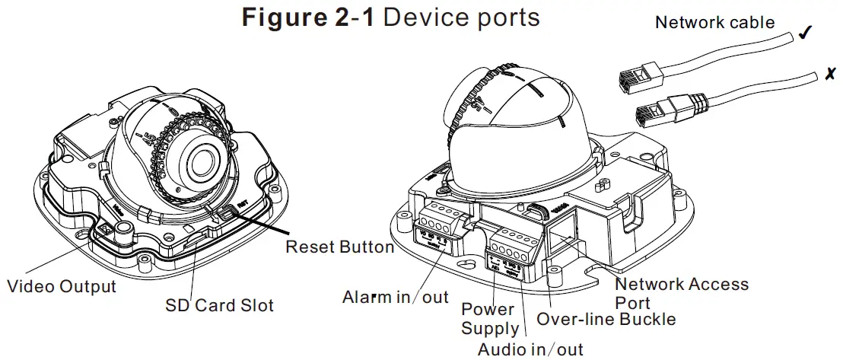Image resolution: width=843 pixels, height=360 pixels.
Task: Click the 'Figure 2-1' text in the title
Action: pos(308,18)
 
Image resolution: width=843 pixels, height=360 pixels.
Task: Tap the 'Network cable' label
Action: pos(714,23)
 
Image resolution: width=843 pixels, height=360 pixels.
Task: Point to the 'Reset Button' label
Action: pos(339,247)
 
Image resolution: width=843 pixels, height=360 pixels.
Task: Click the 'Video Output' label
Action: pos(61,287)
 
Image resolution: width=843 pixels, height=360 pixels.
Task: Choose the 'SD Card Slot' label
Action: pos(219,306)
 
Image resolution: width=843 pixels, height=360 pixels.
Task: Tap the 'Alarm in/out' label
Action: pos(396,296)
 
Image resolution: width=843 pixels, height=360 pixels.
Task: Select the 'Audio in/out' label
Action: pos(530,349)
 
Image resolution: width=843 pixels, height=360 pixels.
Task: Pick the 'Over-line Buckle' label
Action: pos(606,318)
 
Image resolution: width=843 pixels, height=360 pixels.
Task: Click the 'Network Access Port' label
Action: pos(681,293)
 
